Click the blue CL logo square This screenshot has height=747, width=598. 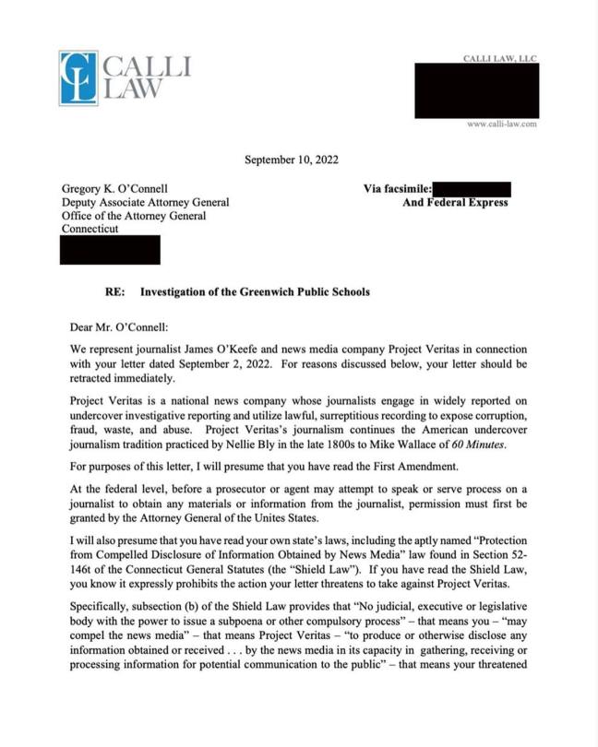78,77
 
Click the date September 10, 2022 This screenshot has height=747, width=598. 291,160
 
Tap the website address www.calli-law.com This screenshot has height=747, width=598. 501,124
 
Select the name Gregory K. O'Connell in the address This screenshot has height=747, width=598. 114,189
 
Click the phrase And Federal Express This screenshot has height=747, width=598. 455,202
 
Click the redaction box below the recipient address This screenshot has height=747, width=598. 110,249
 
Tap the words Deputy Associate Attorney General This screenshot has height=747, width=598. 145,202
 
